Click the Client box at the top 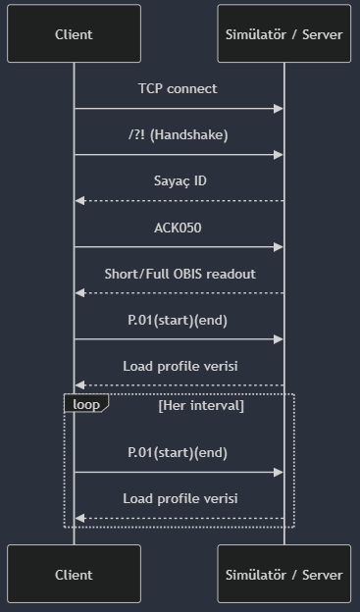point(74,34)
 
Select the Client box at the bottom point(74,575)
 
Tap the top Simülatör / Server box point(283,34)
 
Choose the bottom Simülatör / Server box point(283,575)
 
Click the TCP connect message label point(178,88)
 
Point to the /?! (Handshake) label point(178,134)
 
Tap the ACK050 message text point(178,228)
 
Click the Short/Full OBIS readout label point(180,274)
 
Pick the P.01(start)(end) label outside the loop point(178,320)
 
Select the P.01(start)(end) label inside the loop point(178,452)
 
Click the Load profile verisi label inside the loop point(180,498)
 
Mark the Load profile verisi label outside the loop point(180,366)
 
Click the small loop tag point(85,403)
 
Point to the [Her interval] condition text point(201,405)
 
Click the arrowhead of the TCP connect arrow point(279,109)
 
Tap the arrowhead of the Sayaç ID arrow point(79,201)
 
